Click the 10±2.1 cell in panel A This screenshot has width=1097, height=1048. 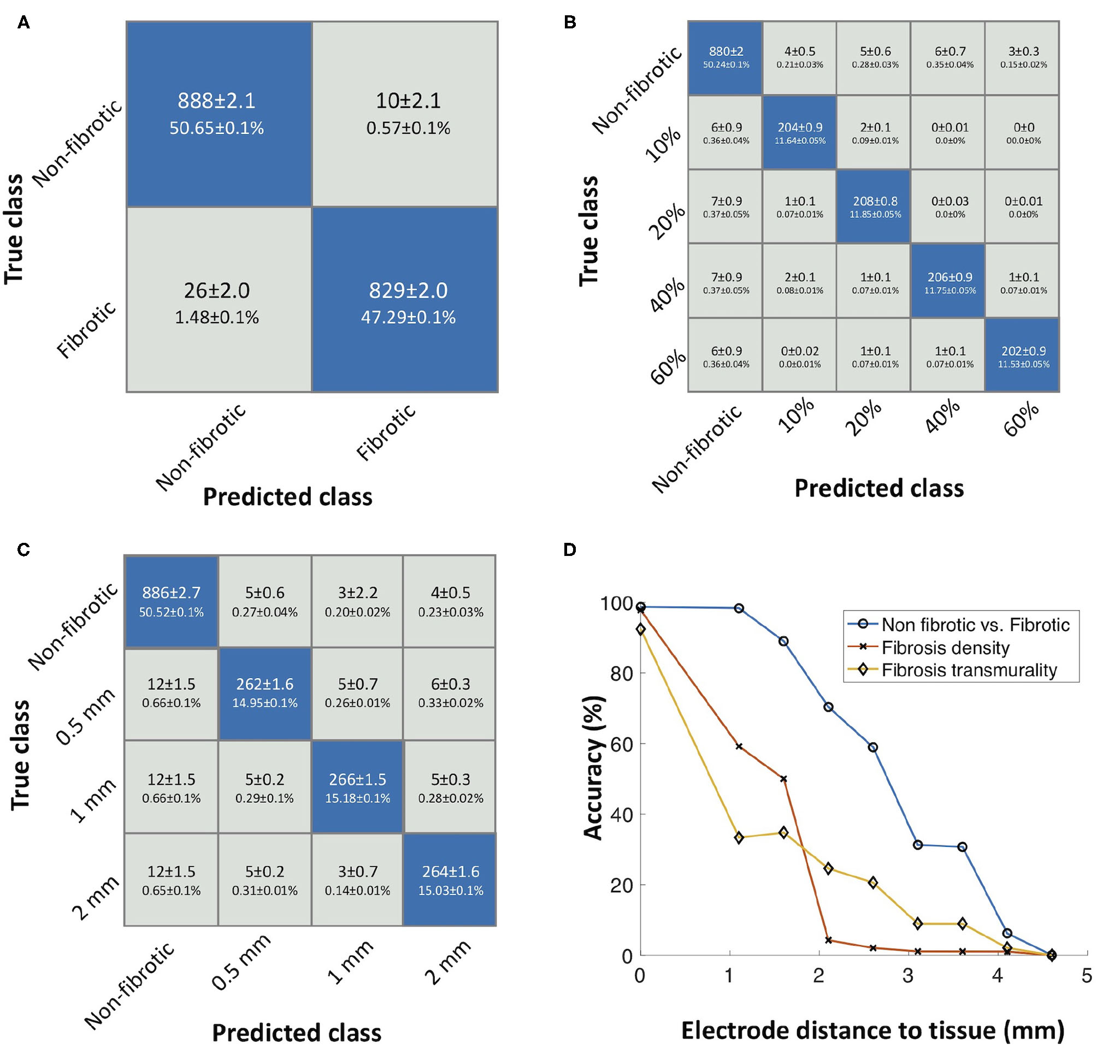(408, 114)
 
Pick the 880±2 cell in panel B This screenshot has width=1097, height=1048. (726, 57)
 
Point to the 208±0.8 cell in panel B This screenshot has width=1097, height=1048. (875, 206)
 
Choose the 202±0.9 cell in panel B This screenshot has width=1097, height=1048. (1023, 356)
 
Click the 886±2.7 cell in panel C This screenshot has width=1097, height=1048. (171, 601)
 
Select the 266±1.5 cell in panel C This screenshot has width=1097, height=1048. (358, 787)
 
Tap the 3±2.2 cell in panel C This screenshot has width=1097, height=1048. (358, 601)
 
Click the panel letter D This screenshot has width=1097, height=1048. (569, 550)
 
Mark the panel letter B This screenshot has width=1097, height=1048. (569, 22)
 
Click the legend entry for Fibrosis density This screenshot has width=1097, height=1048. (945, 648)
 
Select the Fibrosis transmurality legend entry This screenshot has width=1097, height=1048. (969, 670)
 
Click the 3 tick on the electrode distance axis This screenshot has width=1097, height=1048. (908, 976)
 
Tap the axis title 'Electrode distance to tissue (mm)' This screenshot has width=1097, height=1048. (872, 1029)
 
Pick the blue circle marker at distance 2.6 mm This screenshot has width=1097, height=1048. (872, 747)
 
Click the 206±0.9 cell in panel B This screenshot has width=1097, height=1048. (949, 282)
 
